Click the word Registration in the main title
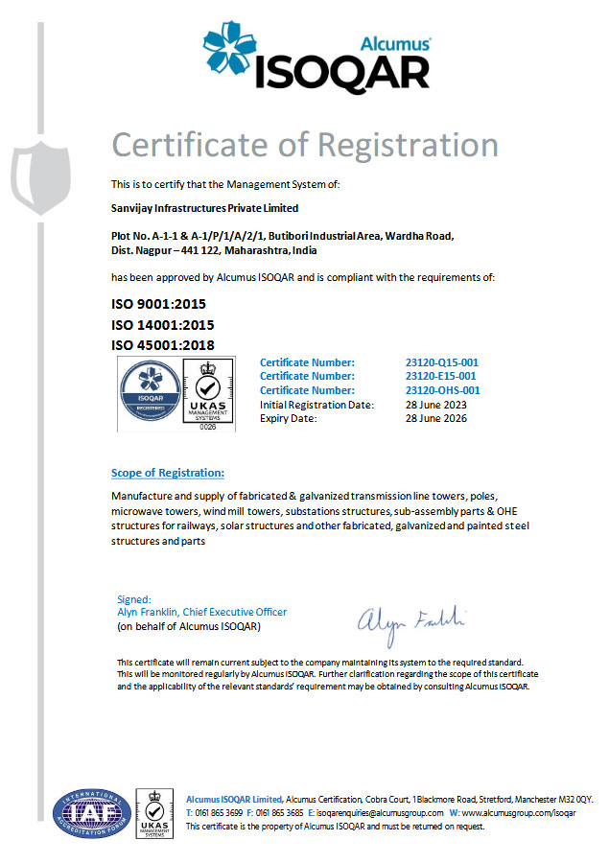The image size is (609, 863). (x=409, y=144)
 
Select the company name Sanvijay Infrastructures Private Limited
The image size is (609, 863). (x=204, y=208)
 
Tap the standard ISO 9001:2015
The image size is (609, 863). (x=158, y=304)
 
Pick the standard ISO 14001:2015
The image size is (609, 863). (x=162, y=325)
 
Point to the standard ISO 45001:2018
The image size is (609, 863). (x=162, y=345)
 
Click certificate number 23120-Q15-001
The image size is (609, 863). (x=441, y=362)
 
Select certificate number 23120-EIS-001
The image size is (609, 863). (x=441, y=377)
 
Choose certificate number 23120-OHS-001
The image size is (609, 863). (x=443, y=390)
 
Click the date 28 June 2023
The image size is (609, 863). (x=436, y=405)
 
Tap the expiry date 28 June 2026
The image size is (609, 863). (x=436, y=418)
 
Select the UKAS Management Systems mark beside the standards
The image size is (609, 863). (x=208, y=394)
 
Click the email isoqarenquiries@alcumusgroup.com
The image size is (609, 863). (x=380, y=812)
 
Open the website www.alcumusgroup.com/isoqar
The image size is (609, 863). (x=518, y=812)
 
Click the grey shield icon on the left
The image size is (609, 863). (x=40, y=173)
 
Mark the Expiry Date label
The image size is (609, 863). (x=288, y=418)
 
